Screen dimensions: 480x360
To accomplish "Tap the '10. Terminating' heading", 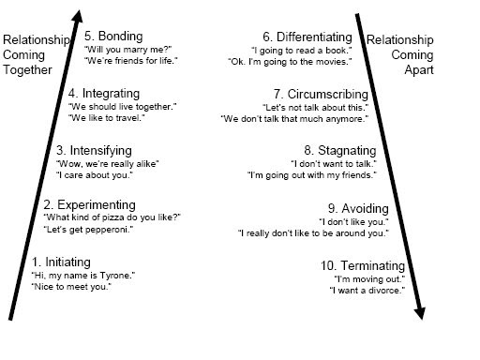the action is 367,265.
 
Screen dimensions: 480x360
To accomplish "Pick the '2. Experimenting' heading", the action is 90,204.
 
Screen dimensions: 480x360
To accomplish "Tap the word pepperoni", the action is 114,231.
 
